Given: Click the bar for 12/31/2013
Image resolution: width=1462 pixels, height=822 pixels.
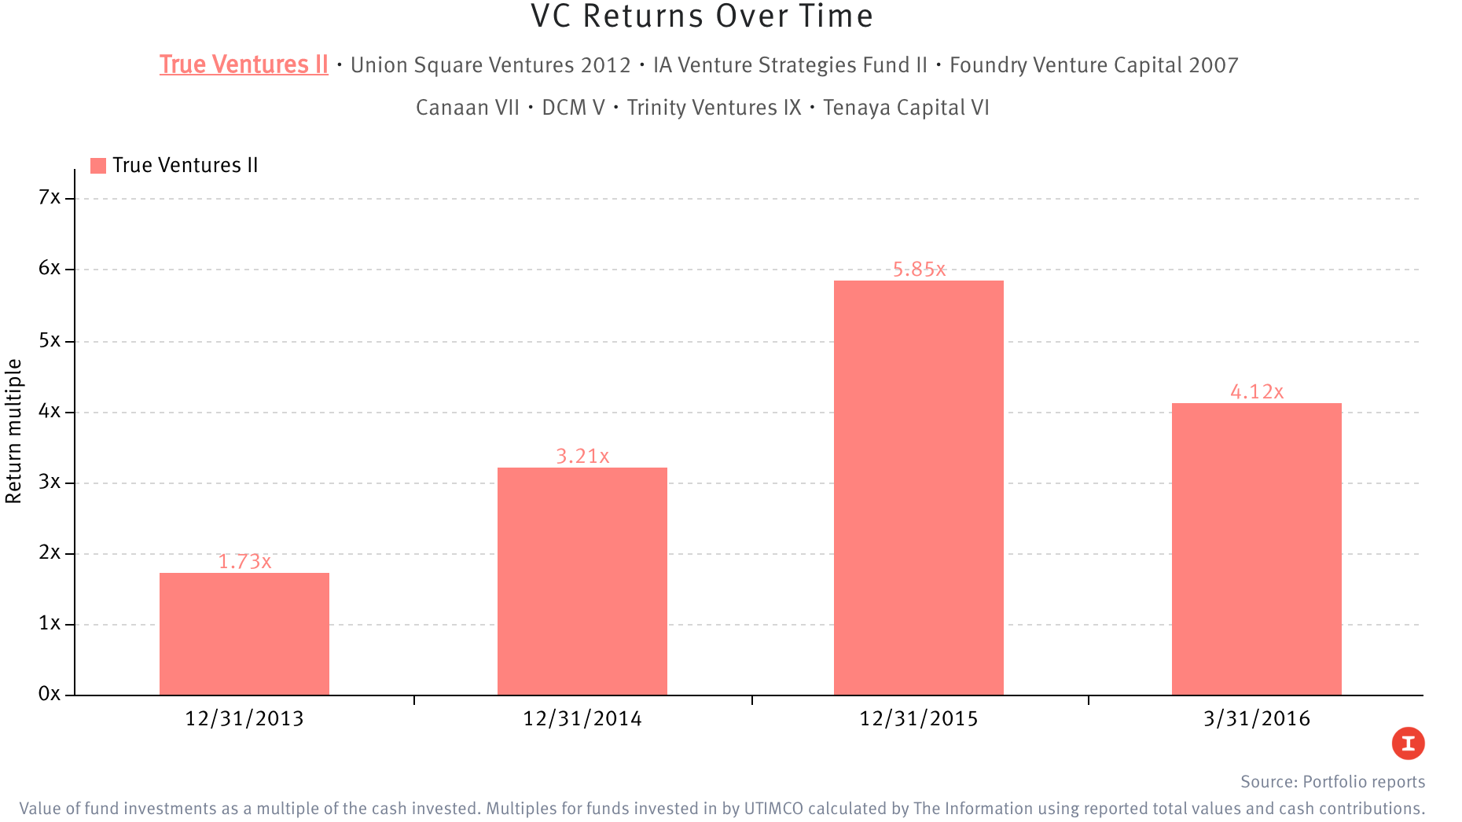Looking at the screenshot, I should [244, 633].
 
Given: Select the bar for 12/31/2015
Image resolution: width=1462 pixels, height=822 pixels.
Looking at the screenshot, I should [918, 487].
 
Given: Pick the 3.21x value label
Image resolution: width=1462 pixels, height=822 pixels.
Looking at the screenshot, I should [582, 456].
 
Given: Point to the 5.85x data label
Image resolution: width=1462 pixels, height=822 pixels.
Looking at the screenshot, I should [919, 270].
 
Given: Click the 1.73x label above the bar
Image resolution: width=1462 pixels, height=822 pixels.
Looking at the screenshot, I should [244, 561].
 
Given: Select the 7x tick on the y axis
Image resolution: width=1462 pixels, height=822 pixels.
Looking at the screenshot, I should [50, 197].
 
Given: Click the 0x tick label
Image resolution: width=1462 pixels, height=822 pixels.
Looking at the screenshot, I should [50, 693].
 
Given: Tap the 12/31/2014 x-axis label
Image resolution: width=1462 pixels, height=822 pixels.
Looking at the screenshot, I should [582, 718].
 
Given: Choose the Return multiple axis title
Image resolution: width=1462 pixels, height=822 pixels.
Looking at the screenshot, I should [14, 431].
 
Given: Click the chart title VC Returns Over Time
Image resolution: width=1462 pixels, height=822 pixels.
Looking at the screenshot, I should [702, 17].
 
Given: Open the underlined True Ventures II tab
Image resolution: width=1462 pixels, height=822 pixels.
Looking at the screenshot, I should [244, 64].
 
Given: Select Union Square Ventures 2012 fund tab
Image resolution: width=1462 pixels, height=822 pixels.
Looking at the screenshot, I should [490, 65].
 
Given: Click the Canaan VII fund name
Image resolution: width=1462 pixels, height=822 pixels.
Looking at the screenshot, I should [468, 108].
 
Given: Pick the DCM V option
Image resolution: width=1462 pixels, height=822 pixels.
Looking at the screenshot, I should [573, 108].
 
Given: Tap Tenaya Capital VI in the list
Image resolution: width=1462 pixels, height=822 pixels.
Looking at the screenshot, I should [905, 108].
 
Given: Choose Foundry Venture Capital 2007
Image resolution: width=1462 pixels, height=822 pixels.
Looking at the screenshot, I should [1093, 65].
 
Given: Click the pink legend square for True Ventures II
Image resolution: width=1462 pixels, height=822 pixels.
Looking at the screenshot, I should [98, 166].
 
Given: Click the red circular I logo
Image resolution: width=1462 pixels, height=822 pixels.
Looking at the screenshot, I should [1408, 743].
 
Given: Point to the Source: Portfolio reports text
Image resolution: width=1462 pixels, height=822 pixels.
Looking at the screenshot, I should [1332, 781].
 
